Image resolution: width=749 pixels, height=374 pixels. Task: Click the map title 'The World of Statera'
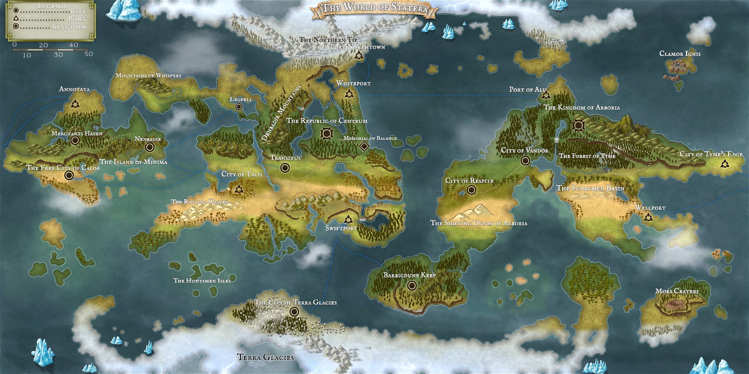pos(375,8)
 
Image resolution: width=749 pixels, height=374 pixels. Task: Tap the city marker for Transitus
pos(285,167)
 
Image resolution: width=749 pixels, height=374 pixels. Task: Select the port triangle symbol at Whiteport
pos(349,94)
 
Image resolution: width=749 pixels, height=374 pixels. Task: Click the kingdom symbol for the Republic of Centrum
pos(327,133)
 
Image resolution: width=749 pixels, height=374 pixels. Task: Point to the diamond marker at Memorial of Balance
pos(364,146)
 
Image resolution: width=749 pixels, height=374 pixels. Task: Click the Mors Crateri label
pos(677,291)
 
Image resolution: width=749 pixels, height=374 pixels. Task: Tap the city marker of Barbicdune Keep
pos(412,285)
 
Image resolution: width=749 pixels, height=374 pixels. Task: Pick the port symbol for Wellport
pos(648,217)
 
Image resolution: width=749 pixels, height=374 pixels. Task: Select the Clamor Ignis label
pos(680,54)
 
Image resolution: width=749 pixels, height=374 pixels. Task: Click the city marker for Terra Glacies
pos(295,311)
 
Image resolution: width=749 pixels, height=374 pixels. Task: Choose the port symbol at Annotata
pos(75,103)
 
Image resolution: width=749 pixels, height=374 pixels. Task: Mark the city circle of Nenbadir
pos(150,147)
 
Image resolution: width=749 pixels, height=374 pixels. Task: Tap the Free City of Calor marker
pos(69,175)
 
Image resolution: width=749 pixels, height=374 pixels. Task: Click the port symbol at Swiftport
pos(348,219)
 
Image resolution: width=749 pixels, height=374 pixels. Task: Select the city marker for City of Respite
pos(471,190)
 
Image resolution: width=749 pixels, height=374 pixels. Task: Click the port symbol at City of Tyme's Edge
pos(725,163)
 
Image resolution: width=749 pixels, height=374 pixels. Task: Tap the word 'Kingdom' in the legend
pos(69,27)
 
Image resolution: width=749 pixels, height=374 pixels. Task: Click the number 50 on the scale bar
pos(88,54)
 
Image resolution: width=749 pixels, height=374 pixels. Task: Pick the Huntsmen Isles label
pos(202,280)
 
